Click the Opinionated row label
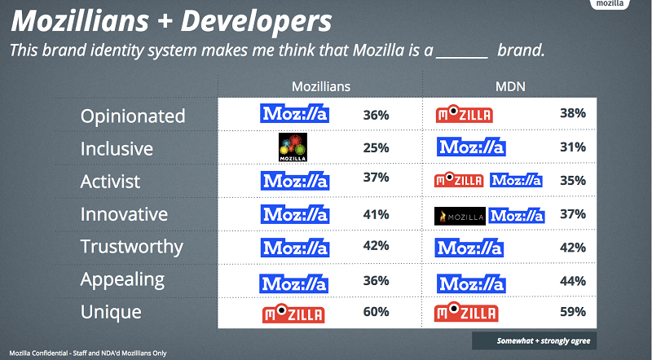tap(133, 116)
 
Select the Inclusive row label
tap(117, 149)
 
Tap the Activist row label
tap(110, 182)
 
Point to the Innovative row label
tap(124, 215)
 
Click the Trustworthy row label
tap(131, 247)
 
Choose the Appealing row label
tap(122, 280)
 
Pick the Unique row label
tap(111, 312)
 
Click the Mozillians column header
tap(321, 86)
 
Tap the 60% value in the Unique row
tap(376, 313)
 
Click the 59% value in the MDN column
tap(573, 313)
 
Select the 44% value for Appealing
tap(573, 281)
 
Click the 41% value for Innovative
tap(376, 215)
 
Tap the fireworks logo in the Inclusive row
tap(296, 147)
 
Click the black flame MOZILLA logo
tap(460, 216)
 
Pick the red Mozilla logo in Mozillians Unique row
tap(293, 314)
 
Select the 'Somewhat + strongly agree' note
tap(531, 340)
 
